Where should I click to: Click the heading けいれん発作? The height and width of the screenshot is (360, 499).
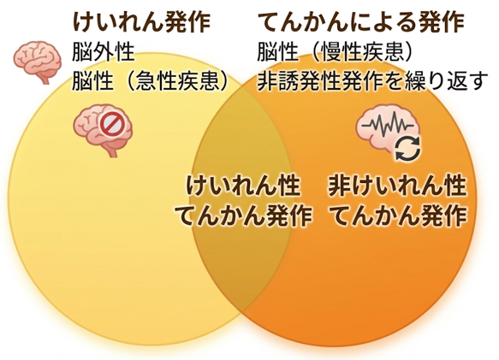point(141,22)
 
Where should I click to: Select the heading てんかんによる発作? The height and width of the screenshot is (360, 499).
point(360,22)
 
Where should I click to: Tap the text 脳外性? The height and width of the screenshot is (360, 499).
point(104,52)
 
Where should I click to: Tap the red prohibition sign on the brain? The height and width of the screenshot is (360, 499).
point(110,125)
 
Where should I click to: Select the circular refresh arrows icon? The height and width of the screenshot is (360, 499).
point(408,149)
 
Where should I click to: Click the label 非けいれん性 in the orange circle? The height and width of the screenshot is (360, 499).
point(397,186)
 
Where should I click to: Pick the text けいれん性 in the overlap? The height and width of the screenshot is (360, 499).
point(243,186)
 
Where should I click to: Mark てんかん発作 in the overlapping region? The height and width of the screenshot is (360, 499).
point(243,215)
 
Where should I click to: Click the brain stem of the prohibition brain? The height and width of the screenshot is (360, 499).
point(111,150)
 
